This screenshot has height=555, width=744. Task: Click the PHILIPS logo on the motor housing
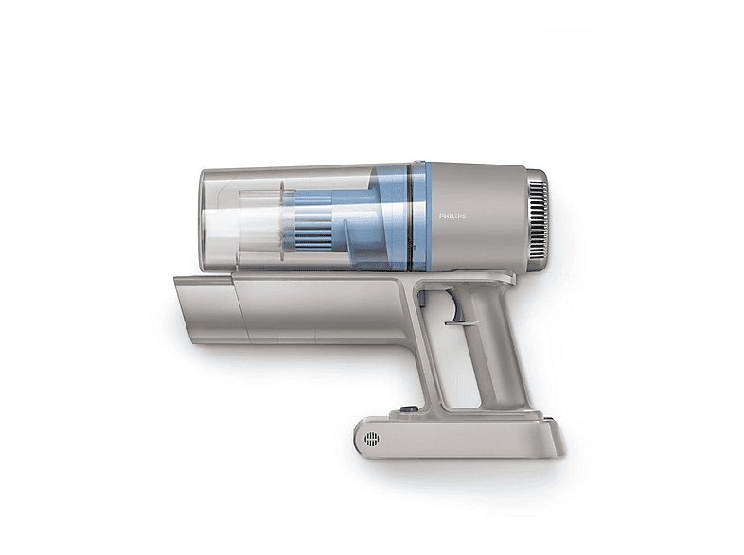[452, 216]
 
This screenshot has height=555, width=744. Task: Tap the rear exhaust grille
[538, 217]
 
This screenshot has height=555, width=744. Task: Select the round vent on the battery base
[372, 439]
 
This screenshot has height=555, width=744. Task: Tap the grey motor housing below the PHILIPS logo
[473, 246]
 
